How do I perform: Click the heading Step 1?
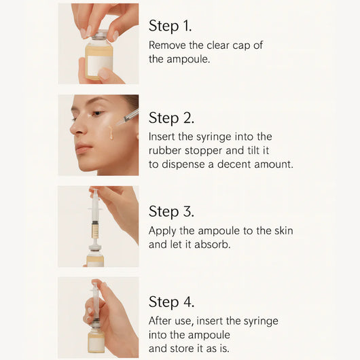click(170, 26)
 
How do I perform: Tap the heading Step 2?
click(172, 118)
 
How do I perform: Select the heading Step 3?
click(172, 211)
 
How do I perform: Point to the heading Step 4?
click(172, 302)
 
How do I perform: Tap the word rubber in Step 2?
click(165, 151)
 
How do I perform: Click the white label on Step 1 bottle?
click(98, 64)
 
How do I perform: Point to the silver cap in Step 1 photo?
click(99, 35)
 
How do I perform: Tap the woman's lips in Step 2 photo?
click(83, 147)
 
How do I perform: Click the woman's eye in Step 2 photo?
click(97, 113)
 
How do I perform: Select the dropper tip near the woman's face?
click(120, 123)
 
